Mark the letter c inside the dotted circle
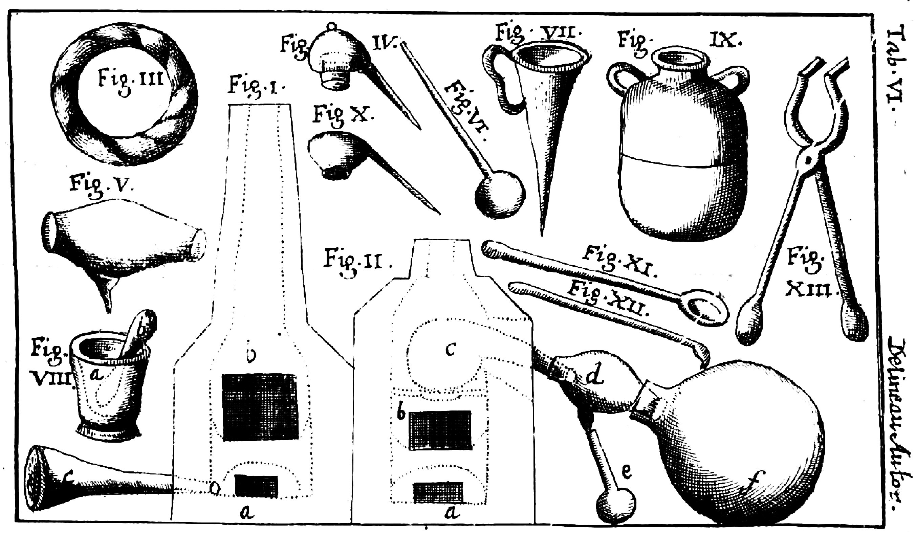coord(450,350)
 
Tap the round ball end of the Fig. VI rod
coord(500,195)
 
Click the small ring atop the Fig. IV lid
coord(331,26)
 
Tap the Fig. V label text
coord(102,185)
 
